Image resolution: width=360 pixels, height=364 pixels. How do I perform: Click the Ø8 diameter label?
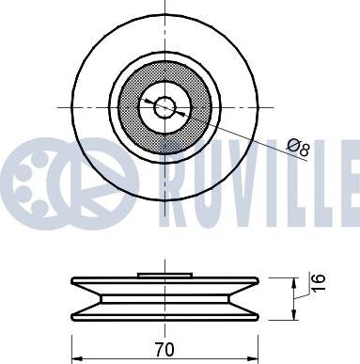click(x=299, y=148)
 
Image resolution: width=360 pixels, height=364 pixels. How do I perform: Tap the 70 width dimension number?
click(x=164, y=349)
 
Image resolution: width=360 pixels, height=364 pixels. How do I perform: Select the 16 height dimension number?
click(x=319, y=282)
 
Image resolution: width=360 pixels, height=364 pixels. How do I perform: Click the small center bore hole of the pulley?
click(x=164, y=107)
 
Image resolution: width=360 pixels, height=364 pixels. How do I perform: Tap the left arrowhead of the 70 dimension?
click(x=76, y=358)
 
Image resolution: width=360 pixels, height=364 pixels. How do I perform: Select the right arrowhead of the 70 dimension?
click(x=253, y=358)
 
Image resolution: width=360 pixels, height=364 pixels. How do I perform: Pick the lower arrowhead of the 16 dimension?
click(x=293, y=315)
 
